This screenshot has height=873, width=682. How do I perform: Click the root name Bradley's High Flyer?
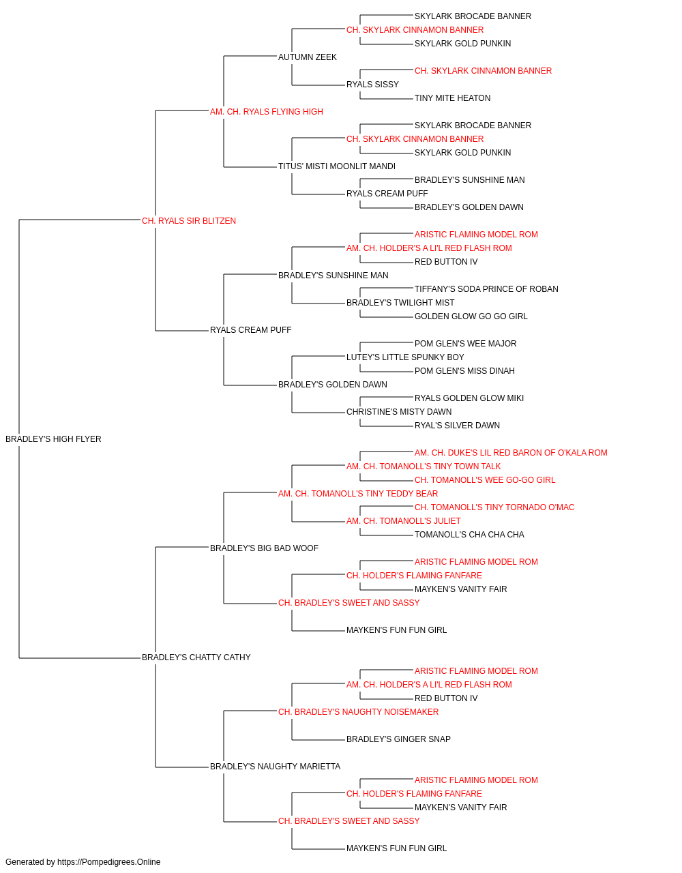(53, 439)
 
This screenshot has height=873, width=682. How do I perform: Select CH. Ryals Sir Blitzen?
(189, 221)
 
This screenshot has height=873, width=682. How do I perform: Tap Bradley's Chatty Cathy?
(196, 657)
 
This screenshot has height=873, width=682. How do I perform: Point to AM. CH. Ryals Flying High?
(266, 112)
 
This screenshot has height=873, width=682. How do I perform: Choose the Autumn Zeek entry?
(308, 57)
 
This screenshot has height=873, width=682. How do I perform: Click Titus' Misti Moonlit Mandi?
(337, 166)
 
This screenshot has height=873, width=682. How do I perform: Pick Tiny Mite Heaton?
(452, 98)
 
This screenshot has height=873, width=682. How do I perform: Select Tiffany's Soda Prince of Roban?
(486, 289)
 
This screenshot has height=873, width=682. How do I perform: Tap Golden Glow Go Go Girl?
(471, 316)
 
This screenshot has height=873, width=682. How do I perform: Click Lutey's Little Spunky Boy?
(405, 357)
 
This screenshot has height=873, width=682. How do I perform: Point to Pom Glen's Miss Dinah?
(464, 371)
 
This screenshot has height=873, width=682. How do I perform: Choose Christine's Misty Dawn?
(399, 412)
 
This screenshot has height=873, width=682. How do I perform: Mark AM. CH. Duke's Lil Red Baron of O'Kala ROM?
(511, 453)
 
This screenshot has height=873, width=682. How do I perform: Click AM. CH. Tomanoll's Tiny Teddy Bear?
(358, 494)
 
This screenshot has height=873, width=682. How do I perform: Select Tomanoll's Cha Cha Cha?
(469, 535)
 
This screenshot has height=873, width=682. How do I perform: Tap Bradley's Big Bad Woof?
(264, 548)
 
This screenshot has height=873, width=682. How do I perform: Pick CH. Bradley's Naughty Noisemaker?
(358, 712)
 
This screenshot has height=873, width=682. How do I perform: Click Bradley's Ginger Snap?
(398, 739)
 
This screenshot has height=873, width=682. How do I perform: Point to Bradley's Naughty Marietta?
(275, 767)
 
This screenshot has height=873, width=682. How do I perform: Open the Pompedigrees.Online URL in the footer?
(109, 862)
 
